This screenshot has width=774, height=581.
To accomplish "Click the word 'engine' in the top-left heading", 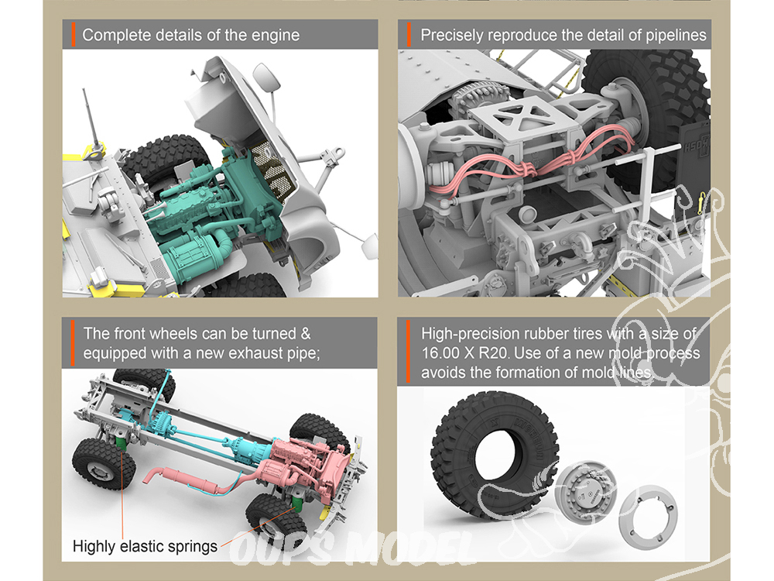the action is [x=276, y=36].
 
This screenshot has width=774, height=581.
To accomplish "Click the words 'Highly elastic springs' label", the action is [x=145, y=546].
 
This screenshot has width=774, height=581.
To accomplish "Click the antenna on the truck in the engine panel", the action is [x=92, y=119].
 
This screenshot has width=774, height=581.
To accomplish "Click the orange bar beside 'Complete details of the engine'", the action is [x=73, y=35].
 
